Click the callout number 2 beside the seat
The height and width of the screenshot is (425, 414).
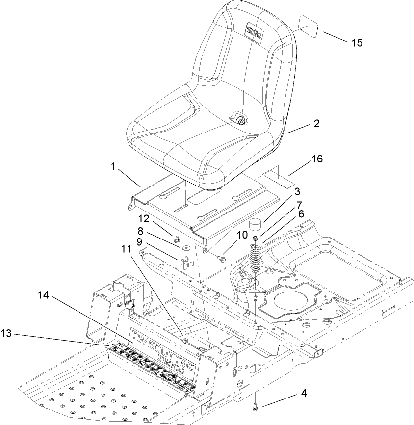click(x=316, y=124)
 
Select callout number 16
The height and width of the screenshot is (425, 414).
click(x=317, y=159)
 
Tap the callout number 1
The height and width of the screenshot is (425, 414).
click(x=113, y=167)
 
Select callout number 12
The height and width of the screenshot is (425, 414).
click(x=156, y=218)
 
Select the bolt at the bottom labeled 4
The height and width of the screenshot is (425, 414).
click(x=257, y=406)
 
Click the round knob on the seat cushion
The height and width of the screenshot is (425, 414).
click(x=240, y=121)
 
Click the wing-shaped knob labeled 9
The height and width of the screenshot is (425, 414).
click(x=186, y=264)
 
